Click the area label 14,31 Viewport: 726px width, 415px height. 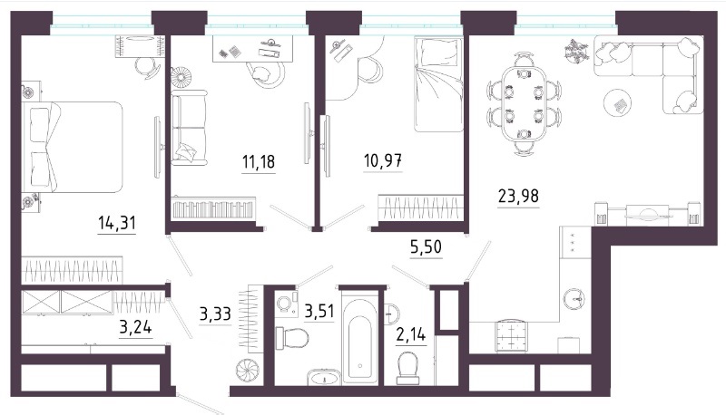pos(117,223)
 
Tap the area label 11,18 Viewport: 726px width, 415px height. pos(259,162)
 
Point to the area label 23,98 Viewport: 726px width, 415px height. pos(518,196)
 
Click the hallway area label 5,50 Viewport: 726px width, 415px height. pos(426,247)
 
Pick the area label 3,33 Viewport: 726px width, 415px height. pos(215,314)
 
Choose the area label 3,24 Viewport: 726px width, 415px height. pos(135,328)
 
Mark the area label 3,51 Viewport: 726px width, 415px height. pos(319,312)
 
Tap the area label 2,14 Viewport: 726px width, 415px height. pos(411,333)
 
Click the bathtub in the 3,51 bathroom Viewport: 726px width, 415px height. pos(359,342)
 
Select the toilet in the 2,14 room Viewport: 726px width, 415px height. pos(407,368)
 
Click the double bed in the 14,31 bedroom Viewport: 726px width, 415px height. pos(73,147)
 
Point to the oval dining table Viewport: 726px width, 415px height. pos(524,103)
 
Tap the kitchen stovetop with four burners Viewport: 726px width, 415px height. pos(511,337)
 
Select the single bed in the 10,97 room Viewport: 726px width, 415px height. pos(438,84)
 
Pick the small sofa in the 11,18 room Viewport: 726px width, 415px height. pos(189,128)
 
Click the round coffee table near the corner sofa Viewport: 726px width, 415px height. pos(618,105)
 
